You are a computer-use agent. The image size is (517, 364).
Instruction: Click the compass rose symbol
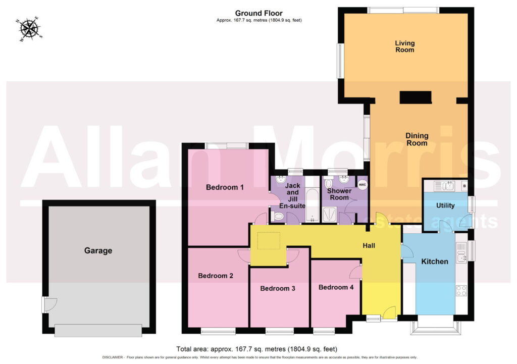click(x=29, y=29)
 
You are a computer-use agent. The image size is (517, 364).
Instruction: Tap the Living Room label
click(x=404, y=46)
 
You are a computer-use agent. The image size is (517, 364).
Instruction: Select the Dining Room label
click(x=417, y=139)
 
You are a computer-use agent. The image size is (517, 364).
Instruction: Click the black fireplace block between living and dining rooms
click(x=416, y=97)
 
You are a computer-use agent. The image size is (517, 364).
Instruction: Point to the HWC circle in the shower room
click(x=362, y=185)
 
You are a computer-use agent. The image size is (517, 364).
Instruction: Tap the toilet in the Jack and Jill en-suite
click(x=277, y=216)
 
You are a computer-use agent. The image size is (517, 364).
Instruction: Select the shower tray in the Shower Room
click(x=329, y=214)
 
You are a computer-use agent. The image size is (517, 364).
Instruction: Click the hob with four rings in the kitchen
click(x=461, y=290)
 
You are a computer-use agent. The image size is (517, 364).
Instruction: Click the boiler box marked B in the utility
click(x=464, y=186)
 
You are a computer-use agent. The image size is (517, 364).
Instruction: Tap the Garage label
click(x=98, y=250)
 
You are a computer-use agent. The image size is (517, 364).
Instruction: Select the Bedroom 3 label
click(x=278, y=288)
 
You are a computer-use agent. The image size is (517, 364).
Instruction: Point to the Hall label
click(x=369, y=246)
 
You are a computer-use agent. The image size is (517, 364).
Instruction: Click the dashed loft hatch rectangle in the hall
click(x=269, y=241)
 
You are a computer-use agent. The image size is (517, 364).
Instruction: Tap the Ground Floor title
click(x=259, y=13)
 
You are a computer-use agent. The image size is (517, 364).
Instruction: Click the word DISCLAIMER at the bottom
click(x=113, y=357)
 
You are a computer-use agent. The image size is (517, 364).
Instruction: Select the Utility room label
click(x=445, y=206)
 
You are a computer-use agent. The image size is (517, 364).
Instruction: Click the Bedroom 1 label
click(x=225, y=187)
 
